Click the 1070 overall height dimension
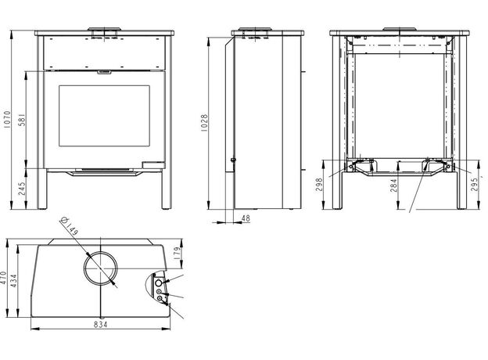7,119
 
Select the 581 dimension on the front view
22,120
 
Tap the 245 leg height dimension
22,189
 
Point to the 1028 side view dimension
204,123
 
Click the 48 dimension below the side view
246,218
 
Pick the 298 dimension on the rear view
319,185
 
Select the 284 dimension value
393,185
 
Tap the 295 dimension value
474,185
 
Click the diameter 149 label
70,225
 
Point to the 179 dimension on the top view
177,254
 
